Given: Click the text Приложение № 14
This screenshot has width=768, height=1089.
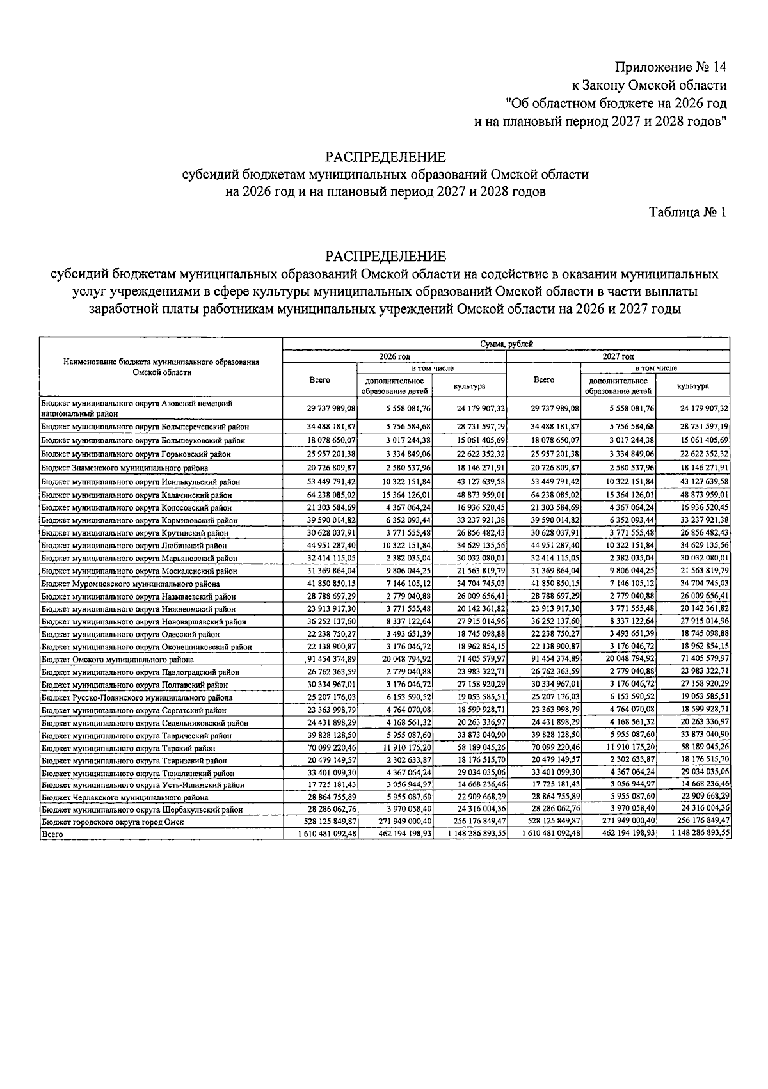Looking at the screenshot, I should click(671, 67).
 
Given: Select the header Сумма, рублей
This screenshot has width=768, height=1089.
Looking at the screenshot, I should click(506, 344).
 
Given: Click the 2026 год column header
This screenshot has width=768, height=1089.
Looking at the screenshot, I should click(394, 356).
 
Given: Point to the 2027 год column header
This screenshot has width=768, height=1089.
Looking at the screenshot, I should click(618, 356).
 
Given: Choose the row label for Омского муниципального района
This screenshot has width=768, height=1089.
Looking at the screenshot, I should click(117, 660).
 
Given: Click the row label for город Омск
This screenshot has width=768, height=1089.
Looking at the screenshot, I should click(112, 822).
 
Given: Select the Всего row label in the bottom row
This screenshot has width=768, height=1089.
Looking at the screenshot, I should click(49, 834).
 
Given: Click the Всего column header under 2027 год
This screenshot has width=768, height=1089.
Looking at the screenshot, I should click(543, 380).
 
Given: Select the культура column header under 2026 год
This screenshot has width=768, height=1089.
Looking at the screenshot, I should click(469, 386).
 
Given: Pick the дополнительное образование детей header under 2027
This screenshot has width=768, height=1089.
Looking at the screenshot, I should click(618, 386).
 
